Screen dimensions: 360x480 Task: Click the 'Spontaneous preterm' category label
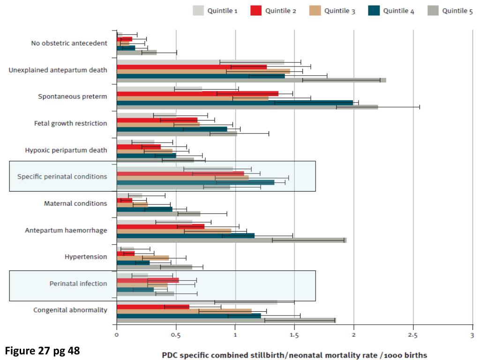(73, 97)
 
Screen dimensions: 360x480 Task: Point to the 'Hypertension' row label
(86, 257)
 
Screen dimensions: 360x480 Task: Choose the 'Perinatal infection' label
(78, 284)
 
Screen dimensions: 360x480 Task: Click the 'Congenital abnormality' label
(70, 310)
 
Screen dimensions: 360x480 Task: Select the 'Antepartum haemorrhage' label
(66, 230)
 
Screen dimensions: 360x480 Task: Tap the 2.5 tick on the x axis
(413, 335)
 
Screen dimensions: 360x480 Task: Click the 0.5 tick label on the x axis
(176, 335)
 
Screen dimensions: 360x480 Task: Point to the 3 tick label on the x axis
(472, 335)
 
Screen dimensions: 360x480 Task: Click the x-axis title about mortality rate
(294, 355)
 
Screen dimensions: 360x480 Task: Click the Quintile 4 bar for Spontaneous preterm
(234, 103)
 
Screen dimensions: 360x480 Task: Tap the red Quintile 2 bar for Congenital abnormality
(153, 307)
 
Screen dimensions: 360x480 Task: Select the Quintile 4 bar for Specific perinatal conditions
(195, 182)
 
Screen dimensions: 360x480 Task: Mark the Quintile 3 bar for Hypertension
(142, 258)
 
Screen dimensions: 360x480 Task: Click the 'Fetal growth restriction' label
(71, 123)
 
